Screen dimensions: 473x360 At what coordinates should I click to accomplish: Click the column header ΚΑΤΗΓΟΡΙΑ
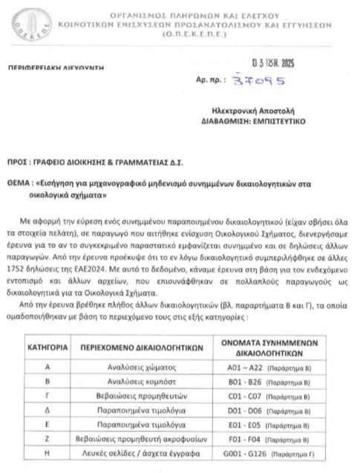[48, 327]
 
